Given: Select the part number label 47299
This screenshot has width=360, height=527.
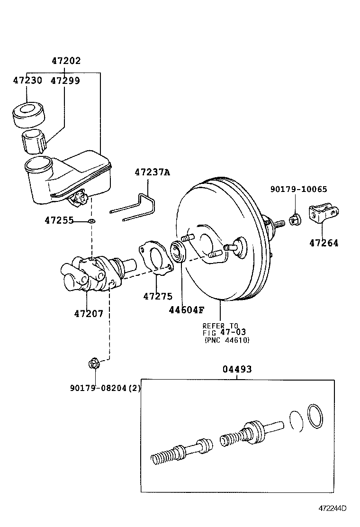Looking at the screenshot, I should pos(65,81).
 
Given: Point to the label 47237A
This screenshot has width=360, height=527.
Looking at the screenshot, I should pos(152,173).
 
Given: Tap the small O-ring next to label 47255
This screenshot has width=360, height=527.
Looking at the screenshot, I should pos(91,221).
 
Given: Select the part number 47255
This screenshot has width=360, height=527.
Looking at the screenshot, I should pos(59,220).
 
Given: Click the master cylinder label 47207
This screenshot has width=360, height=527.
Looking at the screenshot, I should pos(89,313).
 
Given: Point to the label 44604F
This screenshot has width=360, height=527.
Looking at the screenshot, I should pos(186,310).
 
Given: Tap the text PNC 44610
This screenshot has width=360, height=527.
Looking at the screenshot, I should pos(227,340).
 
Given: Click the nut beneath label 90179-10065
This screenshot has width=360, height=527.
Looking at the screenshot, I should pos(294,219).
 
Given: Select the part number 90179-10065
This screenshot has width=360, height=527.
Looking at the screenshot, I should pos(298,189).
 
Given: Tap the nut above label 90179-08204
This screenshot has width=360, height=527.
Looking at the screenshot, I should pos(93,364).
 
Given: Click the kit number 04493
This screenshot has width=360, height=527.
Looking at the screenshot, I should pos(237,369).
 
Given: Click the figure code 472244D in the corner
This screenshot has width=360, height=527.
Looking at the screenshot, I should pos(332,508).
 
